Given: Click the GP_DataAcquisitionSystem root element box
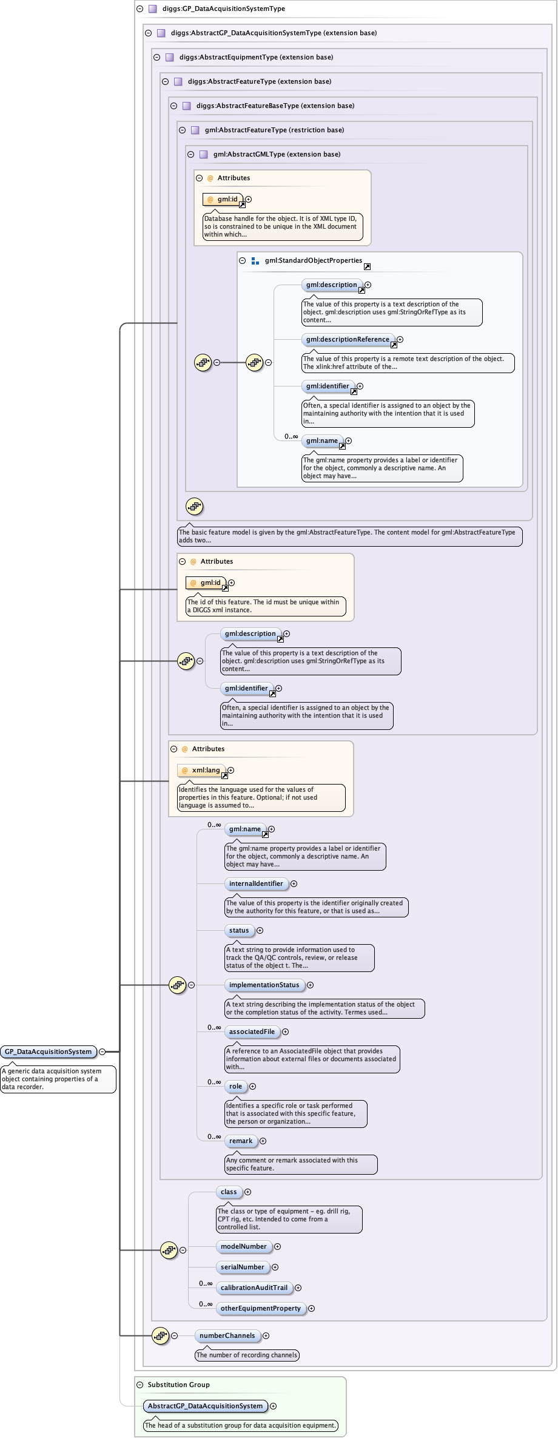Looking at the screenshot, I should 49,1051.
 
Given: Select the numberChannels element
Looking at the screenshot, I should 227,1335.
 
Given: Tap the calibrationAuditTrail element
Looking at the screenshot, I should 254,1288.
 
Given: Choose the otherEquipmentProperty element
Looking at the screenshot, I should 261,1308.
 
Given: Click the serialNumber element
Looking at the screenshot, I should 243,1267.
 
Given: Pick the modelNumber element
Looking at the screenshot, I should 244,1246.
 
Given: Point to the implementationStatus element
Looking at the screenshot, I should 264,985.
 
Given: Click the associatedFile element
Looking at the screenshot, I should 252,1031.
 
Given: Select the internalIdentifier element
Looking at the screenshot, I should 256,883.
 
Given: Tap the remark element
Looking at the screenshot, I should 241,1141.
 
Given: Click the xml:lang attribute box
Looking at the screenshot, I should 203,770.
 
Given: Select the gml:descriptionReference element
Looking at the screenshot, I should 348,339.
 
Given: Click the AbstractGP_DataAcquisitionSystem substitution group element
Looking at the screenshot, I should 206,1406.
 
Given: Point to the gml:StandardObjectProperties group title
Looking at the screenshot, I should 313,260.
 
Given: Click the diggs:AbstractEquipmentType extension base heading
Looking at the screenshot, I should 256,57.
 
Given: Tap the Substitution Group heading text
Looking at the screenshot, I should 178,1385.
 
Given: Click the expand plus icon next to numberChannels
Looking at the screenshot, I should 266,1335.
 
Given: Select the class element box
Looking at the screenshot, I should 229,1192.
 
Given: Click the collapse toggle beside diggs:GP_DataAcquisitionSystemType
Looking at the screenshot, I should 139,8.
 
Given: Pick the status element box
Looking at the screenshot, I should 239,930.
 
